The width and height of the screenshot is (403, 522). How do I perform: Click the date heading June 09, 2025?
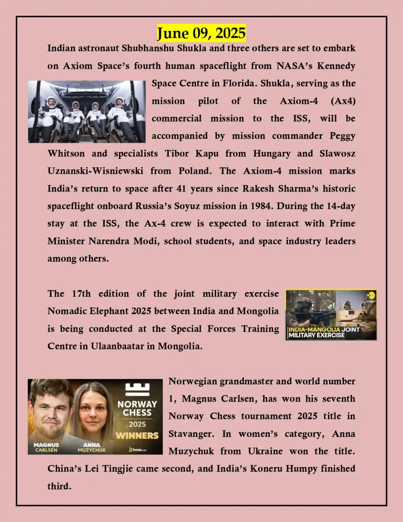[x=201, y=33]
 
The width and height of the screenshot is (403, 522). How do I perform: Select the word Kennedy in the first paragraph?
[x=336, y=66]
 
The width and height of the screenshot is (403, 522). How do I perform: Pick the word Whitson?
[x=66, y=153]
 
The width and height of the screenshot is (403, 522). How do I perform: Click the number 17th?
[x=81, y=294]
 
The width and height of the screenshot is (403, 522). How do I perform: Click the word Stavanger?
[x=191, y=434]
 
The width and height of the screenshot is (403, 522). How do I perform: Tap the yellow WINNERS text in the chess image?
[x=137, y=436]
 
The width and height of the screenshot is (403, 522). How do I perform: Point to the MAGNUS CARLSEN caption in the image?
[x=46, y=447]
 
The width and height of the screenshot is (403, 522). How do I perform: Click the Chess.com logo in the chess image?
[x=137, y=450]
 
